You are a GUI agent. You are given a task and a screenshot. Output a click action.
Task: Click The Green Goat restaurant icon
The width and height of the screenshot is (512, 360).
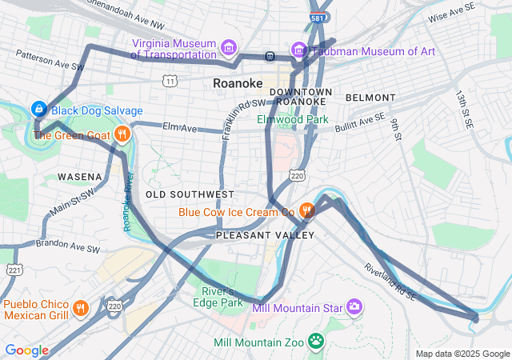coord(122,134)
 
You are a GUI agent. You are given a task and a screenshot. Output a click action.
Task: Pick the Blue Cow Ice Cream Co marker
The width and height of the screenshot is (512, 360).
coord(306,211)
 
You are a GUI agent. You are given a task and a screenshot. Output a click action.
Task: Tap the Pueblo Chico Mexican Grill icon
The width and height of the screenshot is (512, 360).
coord(79,308)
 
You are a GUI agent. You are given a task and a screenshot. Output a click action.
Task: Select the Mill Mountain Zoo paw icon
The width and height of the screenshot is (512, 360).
coord(317,342)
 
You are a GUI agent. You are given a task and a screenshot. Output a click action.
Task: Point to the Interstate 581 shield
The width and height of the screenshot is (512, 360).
coord(317,16)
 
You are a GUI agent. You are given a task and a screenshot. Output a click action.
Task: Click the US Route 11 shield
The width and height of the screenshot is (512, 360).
coord(169,81)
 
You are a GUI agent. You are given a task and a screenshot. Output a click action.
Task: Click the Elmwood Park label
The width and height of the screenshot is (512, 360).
coord(293,119)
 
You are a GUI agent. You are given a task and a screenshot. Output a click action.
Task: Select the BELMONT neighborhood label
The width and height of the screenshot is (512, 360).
coord(370,98)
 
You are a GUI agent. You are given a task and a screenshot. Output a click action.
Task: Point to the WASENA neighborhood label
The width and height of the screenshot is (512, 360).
coord(79,176)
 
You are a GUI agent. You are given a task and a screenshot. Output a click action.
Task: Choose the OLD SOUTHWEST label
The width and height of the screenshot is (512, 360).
coord(190,194)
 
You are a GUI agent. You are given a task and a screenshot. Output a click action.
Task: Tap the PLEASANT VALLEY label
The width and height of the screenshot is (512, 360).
coord(254,235)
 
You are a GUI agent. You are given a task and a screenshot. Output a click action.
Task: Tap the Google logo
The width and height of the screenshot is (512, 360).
coord(27,350)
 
